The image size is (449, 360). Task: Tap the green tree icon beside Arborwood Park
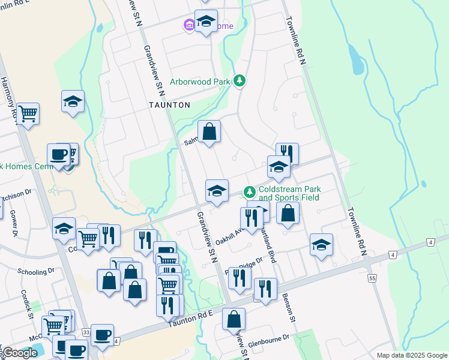(x=240, y=80)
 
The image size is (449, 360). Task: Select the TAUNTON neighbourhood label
(x=170, y=105)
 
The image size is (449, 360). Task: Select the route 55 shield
(x=372, y=278)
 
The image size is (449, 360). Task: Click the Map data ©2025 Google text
(x=412, y=355)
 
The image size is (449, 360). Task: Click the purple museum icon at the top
(x=188, y=26)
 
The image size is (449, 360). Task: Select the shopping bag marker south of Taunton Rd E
(x=234, y=319)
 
